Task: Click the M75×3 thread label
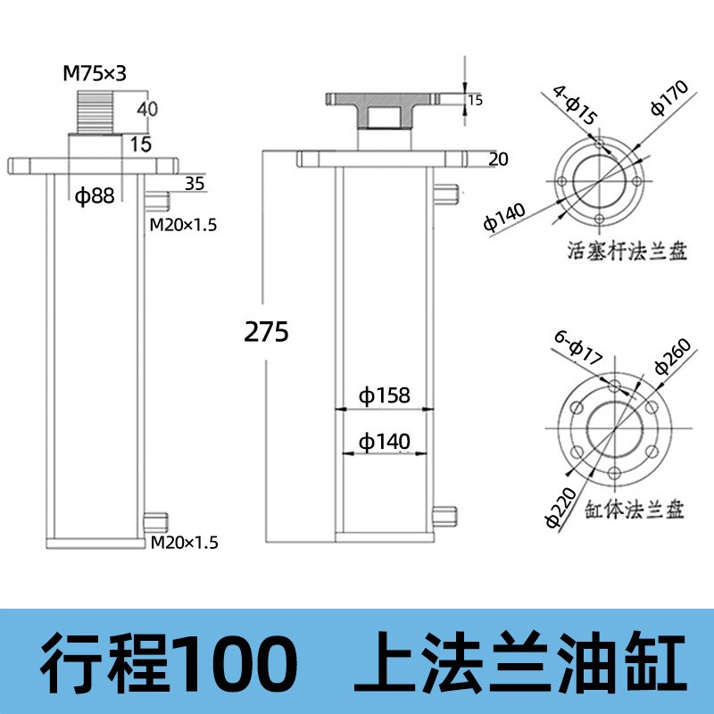(95, 74)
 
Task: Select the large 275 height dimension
(266, 331)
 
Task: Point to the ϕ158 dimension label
(384, 394)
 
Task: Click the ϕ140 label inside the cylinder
(384, 440)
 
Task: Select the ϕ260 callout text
(671, 355)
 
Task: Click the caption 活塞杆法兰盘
(628, 252)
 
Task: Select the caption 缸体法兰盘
(635, 511)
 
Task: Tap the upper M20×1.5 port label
(183, 225)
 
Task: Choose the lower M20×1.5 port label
(183, 541)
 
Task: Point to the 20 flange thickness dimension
(499, 160)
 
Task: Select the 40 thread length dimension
(147, 109)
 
